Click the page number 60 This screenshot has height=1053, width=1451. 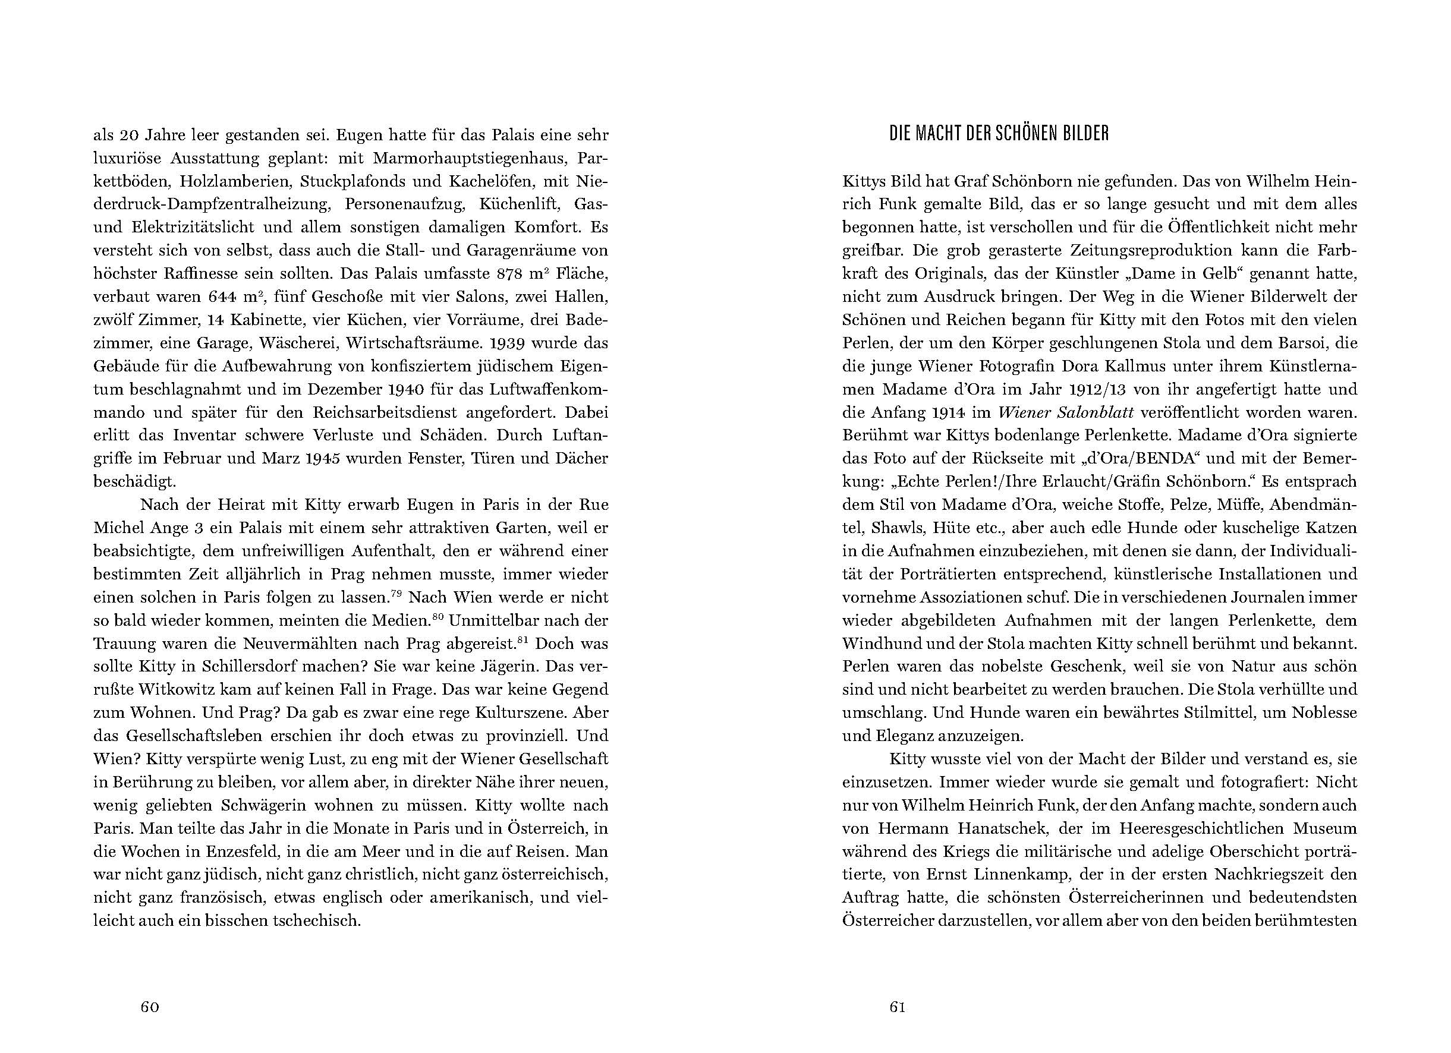[150, 1007]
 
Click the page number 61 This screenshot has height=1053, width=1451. [898, 1007]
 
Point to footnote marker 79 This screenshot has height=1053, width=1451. [396, 593]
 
